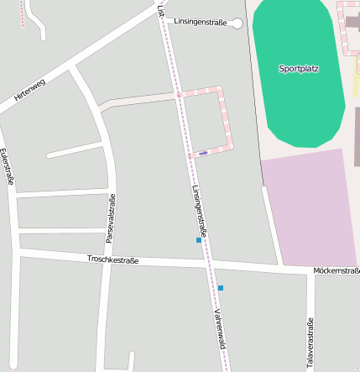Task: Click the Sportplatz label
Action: tap(299, 69)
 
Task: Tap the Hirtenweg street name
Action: tap(29, 96)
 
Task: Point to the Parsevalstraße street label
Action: tap(111, 218)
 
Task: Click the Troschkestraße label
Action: tap(112, 260)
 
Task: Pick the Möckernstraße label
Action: tap(337, 270)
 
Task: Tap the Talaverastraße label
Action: tap(310, 343)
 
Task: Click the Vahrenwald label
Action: tap(220, 328)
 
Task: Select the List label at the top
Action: tap(161, 10)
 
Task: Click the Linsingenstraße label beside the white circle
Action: tap(201, 23)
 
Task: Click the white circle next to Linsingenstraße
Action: tap(237, 24)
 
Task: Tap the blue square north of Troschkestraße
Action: tap(199, 240)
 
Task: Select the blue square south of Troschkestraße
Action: tap(221, 288)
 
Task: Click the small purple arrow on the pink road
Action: tap(203, 154)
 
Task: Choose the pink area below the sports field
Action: tap(310, 208)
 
